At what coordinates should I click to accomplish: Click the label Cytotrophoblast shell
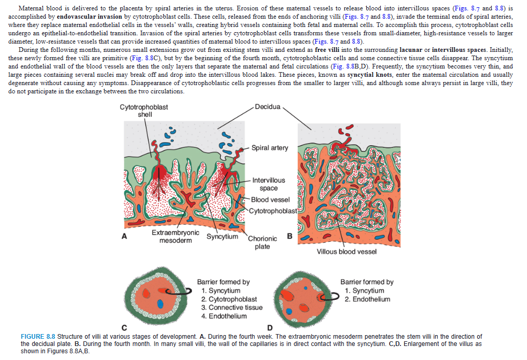[144, 111]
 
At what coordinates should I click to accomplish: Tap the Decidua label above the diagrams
[268, 107]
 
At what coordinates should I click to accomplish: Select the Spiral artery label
[270, 148]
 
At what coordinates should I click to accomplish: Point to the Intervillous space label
[268, 184]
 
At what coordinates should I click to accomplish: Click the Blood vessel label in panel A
[270, 200]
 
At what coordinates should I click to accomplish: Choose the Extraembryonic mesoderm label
[175, 237]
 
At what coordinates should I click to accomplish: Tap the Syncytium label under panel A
[223, 237]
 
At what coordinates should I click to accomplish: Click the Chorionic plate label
[262, 242]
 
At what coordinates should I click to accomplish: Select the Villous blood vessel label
[346, 252]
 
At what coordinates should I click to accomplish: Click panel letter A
[124, 236]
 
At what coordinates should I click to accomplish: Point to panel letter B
[289, 236]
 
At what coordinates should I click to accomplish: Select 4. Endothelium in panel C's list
[224, 316]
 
